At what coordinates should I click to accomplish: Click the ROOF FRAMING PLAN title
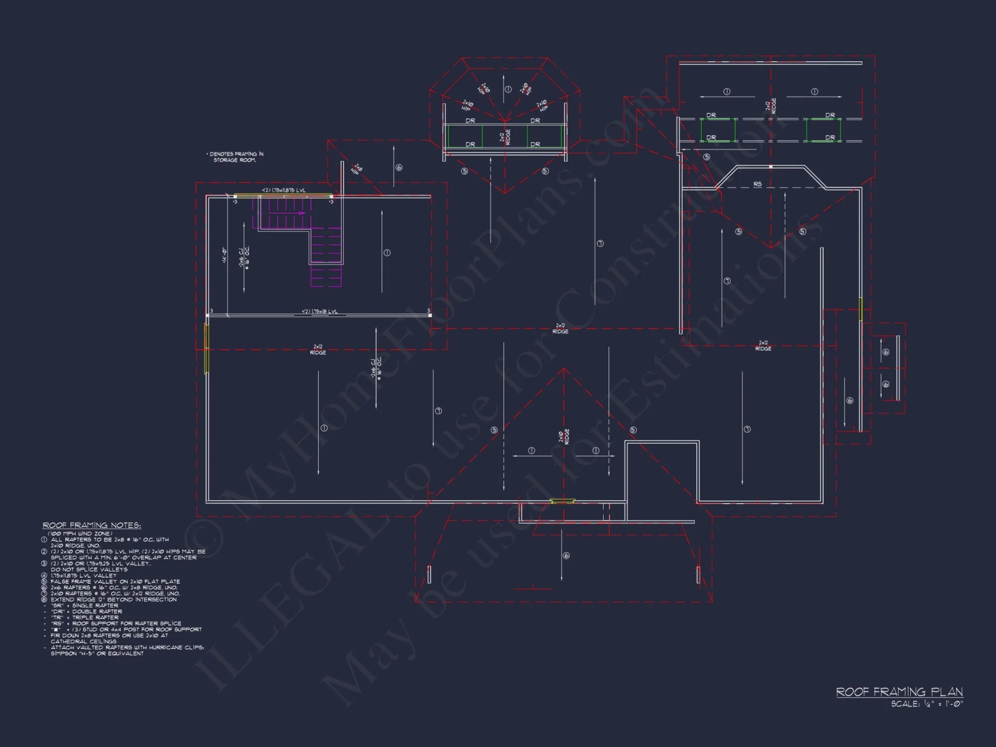[899, 691]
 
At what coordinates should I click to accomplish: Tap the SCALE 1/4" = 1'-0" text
[927, 704]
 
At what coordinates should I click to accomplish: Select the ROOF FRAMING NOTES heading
[92, 525]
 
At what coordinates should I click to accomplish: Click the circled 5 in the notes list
[44, 582]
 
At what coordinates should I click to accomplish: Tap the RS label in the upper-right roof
[757, 184]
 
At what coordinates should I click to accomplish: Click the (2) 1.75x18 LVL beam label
[319, 311]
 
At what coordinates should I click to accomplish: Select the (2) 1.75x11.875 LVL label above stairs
[284, 190]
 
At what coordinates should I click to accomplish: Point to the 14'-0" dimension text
[224, 255]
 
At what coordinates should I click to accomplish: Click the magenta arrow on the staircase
[301, 213]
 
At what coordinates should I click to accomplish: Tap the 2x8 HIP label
[357, 169]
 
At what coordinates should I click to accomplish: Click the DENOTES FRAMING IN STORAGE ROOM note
[235, 157]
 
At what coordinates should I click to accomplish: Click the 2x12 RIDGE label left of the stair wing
[318, 349]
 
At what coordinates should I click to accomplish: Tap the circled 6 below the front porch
[566, 556]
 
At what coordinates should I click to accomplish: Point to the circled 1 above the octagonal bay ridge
[508, 89]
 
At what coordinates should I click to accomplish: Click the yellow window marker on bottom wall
[562, 501]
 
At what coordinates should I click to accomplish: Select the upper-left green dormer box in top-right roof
[718, 129]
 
